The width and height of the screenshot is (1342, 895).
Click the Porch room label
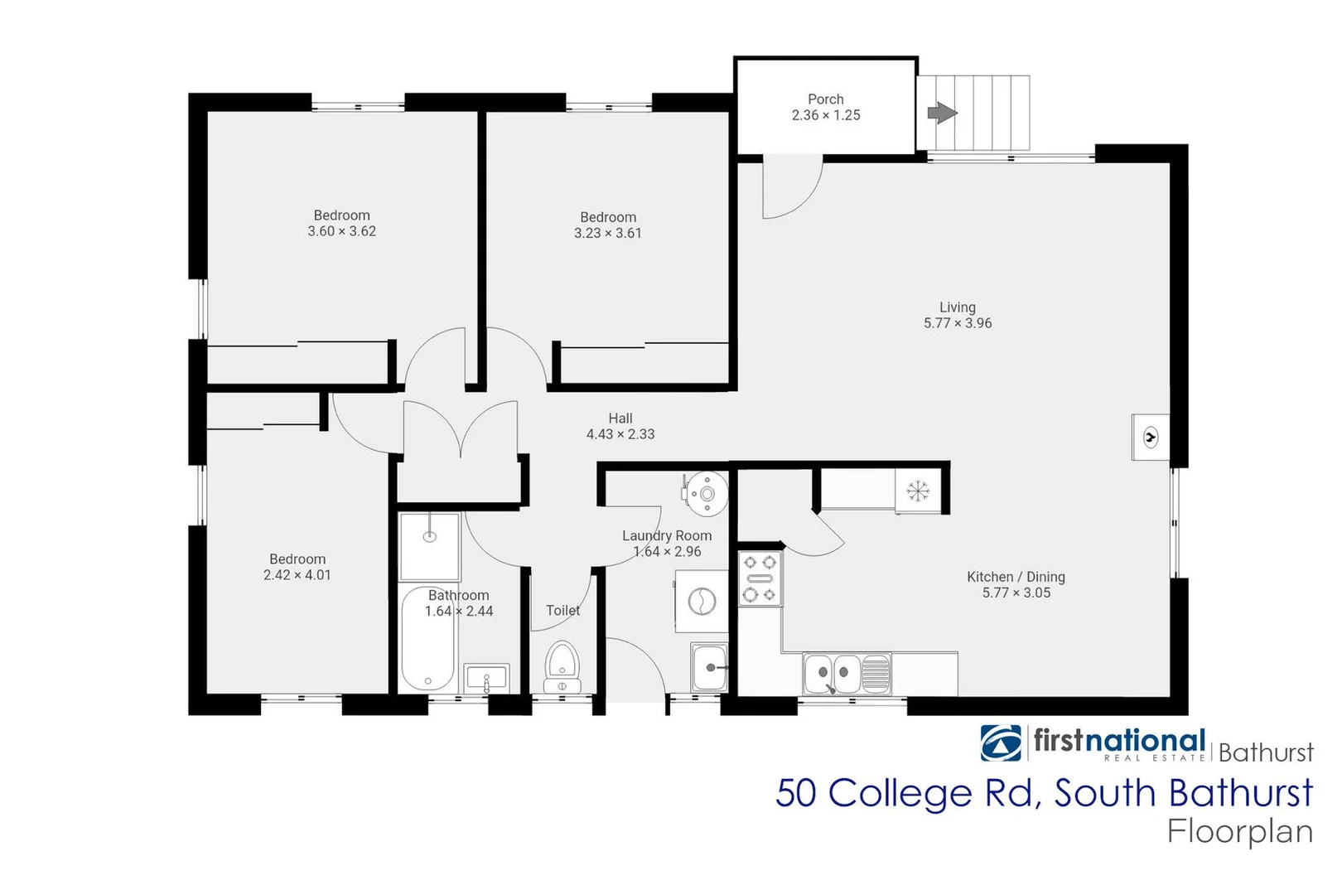click(825, 99)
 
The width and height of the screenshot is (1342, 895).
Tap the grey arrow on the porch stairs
click(942, 113)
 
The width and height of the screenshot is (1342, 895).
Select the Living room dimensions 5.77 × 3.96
click(958, 323)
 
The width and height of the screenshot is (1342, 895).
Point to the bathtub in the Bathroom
click(427, 638)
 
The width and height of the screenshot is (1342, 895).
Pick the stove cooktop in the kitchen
click(760, 578)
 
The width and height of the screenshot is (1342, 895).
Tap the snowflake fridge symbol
click(918, 491)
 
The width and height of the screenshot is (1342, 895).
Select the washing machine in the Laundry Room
click(701, 601)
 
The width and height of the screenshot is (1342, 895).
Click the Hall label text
click(620, 418)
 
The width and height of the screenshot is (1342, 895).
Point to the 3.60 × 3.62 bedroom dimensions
click(341, 231)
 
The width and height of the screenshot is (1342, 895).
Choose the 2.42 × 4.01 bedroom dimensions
click(297, 575)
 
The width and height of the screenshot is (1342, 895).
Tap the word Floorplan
click(1240, 831)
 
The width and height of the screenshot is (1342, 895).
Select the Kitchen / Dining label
click(1016, 577)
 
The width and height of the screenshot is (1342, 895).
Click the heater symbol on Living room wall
click(1150, 437)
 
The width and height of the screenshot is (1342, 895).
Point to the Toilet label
click(562, 611)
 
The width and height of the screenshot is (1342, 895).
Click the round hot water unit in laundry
click(706, 494)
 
